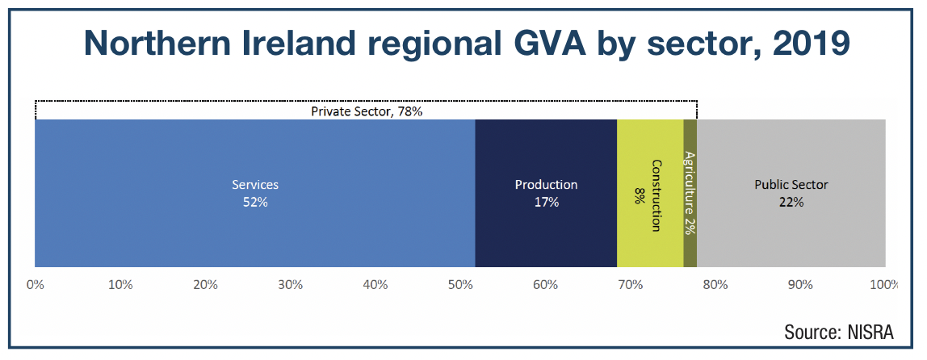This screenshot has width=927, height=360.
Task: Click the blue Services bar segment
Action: (x=255, y=193)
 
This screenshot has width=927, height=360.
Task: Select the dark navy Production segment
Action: (x=546, y=193)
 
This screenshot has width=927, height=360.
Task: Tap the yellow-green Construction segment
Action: (x=650, y=193)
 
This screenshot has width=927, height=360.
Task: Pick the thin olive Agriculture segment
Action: (x=690, y=193)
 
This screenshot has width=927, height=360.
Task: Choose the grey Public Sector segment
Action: (x=791, y=193)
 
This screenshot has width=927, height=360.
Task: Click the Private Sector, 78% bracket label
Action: (x=367, y=111)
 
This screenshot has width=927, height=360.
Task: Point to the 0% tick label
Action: (x=35, y=285)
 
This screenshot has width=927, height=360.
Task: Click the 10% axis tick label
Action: (x=120, y=285)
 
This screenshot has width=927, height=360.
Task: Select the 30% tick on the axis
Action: (x=290, y=285)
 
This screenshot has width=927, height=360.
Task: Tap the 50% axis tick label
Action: (x=460, y=285)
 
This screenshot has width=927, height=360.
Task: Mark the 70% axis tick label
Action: (x=630, y=285)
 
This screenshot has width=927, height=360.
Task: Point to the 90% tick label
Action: (x=800, y=285)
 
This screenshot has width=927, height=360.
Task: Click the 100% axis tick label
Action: (x=884, y=285)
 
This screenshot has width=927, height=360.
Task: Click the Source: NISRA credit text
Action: (x=839, y=332)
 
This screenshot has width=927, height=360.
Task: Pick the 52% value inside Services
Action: (x=255, y=202)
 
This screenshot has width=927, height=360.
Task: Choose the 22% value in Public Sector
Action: (x=791, y=202)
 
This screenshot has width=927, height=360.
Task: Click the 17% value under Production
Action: (x=546, y=202)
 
